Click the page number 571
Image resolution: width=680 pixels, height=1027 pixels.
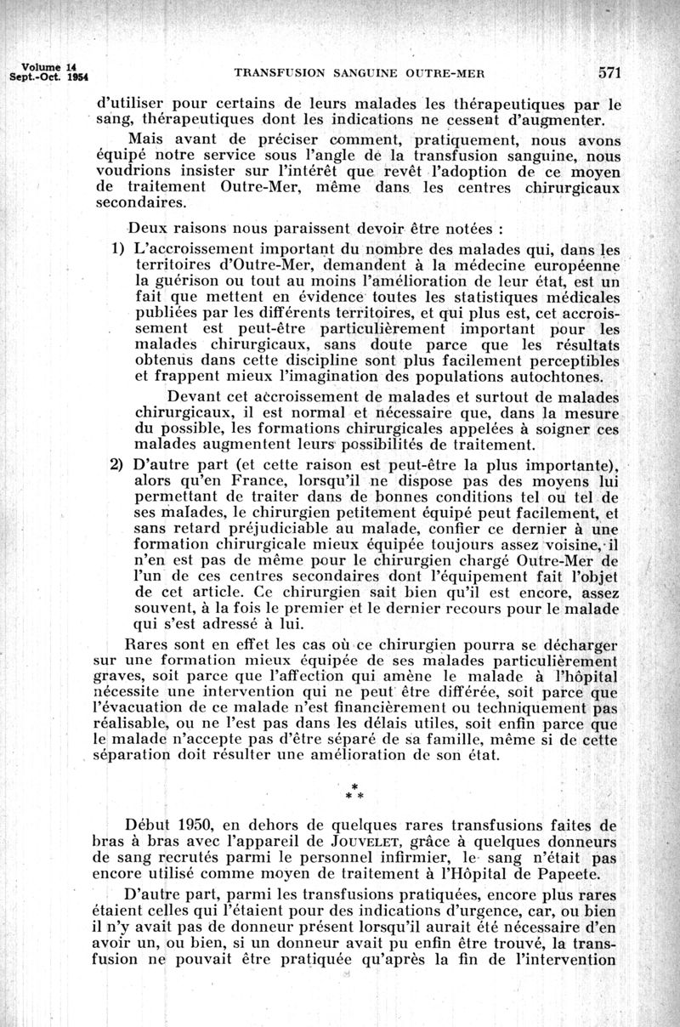coord(610,72)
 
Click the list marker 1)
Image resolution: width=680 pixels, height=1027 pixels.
coord(120,251)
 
